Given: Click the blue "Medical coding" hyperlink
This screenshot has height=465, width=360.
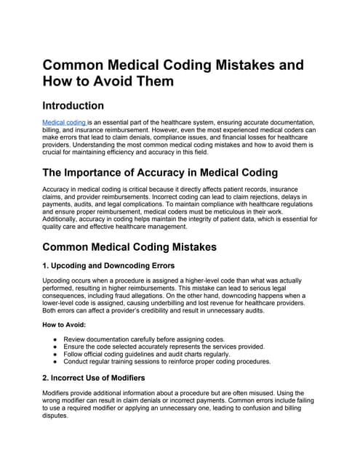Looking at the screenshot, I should [64, 123].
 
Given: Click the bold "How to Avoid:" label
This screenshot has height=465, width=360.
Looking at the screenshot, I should [66, 325].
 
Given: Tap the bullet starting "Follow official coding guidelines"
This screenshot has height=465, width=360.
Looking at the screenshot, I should [145, 354].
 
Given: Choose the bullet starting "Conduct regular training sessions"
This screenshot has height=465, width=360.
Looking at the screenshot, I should [167, 361].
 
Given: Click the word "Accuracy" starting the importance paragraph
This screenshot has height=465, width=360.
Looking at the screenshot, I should [60, 189].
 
